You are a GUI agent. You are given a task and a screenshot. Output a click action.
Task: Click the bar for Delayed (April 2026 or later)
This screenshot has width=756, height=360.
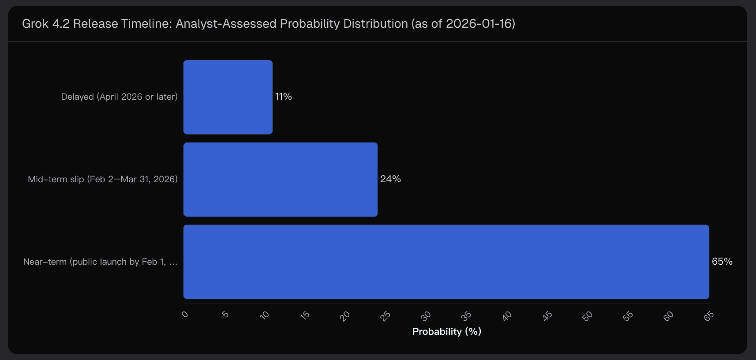pos(228,97)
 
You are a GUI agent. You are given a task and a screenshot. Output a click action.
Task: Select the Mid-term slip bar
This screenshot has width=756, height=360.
pos(280,179)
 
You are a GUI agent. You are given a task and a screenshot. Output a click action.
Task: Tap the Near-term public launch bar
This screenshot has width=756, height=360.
pos(446,262)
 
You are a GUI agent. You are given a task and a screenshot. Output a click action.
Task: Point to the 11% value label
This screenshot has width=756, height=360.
pos(284,97)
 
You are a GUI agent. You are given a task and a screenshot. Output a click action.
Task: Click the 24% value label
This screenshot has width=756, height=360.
pos(390,179)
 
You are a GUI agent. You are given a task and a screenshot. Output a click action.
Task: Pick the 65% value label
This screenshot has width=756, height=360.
pos(722,262)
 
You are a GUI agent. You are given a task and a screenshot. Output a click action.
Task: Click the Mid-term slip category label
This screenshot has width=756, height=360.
pos(102,179)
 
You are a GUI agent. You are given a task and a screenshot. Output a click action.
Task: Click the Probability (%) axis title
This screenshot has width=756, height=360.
pos(446,332)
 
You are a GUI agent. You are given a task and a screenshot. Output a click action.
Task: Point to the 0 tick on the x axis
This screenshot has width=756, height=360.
pos(185,315)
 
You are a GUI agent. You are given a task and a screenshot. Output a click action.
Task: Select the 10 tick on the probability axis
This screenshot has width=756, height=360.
pos(265,315)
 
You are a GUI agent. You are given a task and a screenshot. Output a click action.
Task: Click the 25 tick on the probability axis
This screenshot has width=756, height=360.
pos(385,316)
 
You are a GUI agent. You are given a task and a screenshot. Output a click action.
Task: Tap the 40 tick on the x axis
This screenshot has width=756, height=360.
pos(507,316)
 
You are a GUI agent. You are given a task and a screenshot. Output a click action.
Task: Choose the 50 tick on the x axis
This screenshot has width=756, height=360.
pos(588,316)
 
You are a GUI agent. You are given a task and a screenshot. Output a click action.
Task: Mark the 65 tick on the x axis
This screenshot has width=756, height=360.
pos(709,316)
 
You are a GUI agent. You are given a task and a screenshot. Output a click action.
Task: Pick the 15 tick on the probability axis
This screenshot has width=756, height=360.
pos(305,315)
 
